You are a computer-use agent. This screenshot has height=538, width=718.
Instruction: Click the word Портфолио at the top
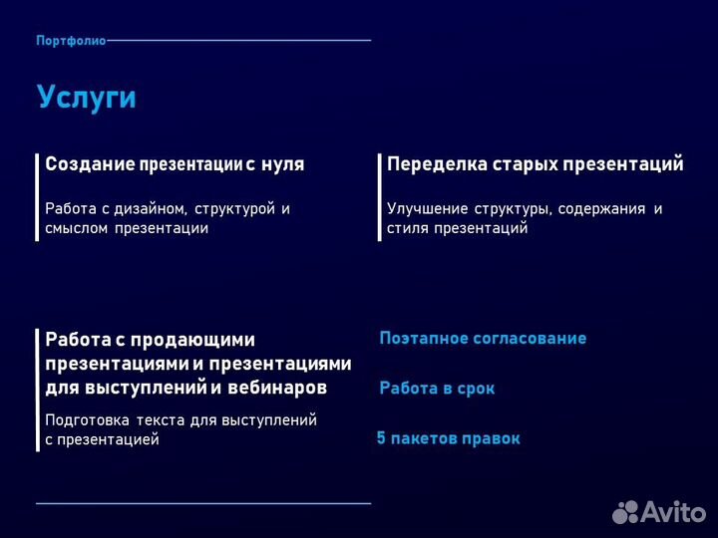(70, 41)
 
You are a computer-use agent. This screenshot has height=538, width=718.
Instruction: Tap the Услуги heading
(86, 98)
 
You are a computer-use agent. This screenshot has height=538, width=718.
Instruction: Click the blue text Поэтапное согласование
(483, 339)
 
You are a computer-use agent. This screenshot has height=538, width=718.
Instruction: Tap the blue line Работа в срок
(437, 389)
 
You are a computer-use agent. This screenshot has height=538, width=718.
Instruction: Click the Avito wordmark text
(673, 512)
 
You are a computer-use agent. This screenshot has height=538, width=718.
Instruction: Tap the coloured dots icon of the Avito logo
(624, 512)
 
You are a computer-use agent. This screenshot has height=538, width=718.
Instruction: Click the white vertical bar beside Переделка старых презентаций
(379, 196)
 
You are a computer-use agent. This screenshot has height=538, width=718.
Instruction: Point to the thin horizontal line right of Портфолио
(239, 41)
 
